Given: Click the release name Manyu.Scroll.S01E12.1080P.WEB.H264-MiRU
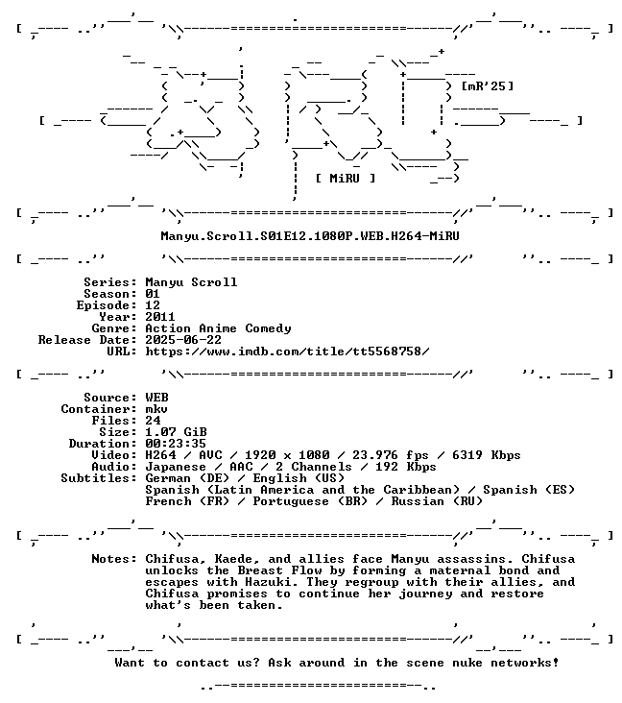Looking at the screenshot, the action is tap(310, 236).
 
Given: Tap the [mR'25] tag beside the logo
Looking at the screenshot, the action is tap(488, 85).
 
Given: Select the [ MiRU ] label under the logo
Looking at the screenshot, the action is tap(345, 178).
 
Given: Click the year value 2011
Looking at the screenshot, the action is tap(160, 317).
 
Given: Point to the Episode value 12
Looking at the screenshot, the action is tap(153, 304).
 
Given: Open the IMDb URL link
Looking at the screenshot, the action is tap(287, 351).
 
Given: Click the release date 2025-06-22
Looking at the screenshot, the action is tap(183, 339).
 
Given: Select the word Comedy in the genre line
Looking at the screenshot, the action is tap(268, 328).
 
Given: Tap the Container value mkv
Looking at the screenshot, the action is tap(156, 409).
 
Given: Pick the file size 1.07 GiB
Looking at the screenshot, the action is tap(176, 432).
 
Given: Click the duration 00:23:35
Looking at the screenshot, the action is tap(176, 444).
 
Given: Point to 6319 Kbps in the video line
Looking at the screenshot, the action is tap(487, 455).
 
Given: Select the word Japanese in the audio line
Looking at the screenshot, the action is tap(176, 467).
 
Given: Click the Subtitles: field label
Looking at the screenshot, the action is tap(99, 478).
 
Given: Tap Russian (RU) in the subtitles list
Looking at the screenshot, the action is tap(437, 501).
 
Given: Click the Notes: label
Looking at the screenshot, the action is tap(114, 559).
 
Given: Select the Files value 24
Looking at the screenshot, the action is tap(153, 420).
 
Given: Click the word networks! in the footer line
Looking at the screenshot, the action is tap(524, 663).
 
